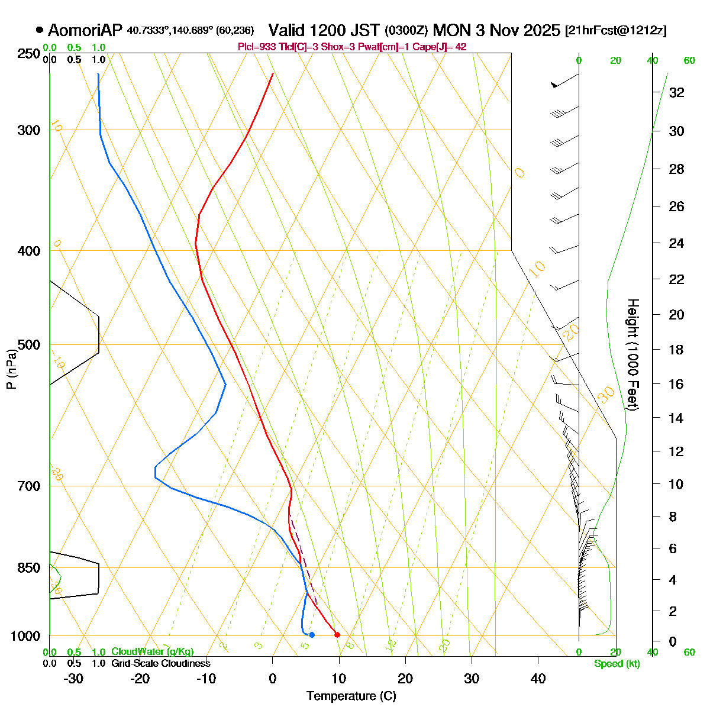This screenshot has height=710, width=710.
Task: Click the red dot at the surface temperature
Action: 337,635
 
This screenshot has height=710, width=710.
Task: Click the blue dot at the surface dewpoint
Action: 312,635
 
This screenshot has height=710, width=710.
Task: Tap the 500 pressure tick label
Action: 30,345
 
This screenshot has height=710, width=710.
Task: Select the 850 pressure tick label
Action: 30,568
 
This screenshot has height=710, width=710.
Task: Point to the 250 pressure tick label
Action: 30,54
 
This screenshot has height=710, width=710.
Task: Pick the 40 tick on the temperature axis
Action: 538,679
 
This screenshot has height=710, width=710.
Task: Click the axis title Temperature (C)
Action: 351,696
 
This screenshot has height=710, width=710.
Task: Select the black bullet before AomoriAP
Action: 40,30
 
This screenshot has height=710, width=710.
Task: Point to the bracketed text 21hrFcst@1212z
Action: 616,30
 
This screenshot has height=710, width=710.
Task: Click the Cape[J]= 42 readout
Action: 443,47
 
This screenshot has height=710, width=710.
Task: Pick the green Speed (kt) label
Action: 617,664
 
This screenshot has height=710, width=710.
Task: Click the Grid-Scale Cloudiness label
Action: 160,663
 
